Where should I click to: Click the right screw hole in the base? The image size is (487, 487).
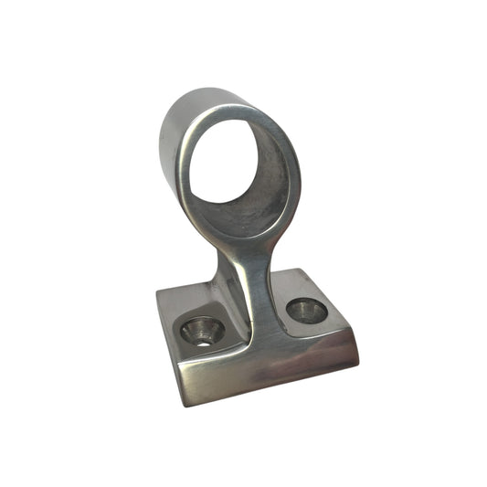[306, 312]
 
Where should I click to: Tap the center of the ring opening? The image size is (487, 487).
[240, 173]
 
